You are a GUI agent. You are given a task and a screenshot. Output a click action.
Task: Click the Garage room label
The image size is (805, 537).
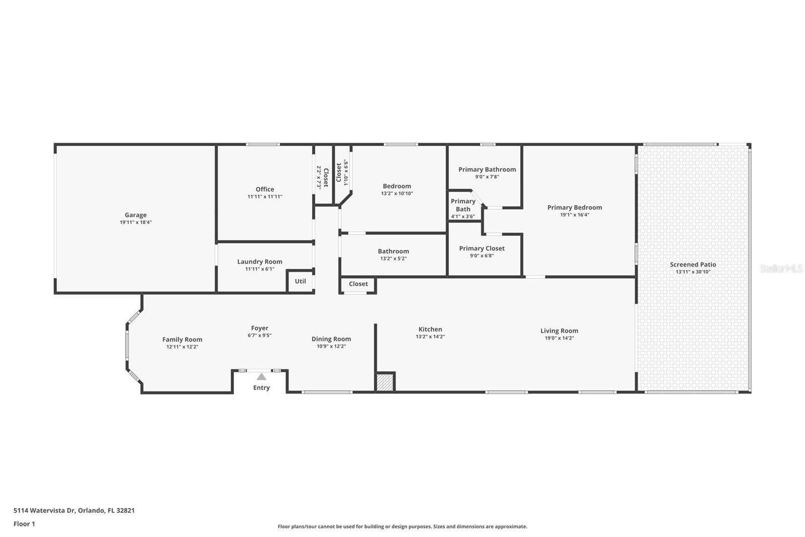[x=135, y=215]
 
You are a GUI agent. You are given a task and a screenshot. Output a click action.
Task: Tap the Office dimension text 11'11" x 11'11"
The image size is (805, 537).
[x=265, y=197]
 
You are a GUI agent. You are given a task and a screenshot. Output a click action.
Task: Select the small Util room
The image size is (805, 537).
[x=300, y=281]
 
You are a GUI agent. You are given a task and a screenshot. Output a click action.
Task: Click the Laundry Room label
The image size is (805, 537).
[x=260, y=261]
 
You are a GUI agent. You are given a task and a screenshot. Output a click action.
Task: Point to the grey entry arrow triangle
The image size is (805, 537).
[x=261, y=377]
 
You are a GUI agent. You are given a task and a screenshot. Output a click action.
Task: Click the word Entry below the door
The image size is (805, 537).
[x=261, y=387]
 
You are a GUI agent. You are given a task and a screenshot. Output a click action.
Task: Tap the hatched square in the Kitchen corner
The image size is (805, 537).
[x=385, y=381]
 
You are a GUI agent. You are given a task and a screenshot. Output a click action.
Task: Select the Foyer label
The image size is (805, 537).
[x=260, y=328]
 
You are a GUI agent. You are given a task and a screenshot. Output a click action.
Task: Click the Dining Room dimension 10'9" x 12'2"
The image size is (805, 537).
[x=331, y=347]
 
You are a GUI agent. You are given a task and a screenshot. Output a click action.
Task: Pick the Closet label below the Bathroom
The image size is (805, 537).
[x=358, y=284]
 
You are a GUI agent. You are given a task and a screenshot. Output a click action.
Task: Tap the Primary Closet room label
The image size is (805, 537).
[x=481, y=248]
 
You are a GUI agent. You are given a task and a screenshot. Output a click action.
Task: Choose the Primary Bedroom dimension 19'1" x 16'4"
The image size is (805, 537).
[x=575, y=215]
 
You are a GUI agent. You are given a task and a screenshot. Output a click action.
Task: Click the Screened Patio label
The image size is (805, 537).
[x=693, y=264]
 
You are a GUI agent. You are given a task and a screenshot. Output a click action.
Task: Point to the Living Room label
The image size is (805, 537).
[x=559, y=331]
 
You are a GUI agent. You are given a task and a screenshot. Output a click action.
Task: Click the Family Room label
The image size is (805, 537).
[x=182, y=340]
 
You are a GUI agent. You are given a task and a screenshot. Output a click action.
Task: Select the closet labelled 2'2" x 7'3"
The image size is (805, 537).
[x=323, y=177]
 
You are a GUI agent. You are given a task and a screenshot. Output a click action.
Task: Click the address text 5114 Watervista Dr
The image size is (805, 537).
[x=44, y=510]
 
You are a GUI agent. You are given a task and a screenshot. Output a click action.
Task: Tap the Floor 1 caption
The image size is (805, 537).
[x=24, y=524]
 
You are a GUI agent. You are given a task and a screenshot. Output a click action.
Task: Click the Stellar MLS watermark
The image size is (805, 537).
[x=781, y=268]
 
